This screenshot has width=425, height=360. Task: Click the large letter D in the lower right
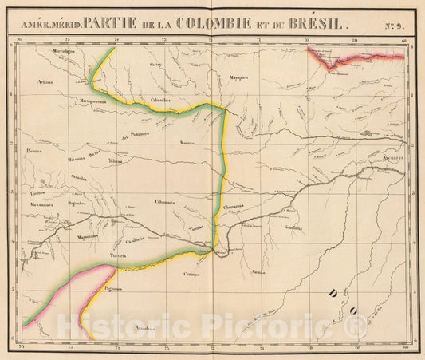(333, 295)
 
